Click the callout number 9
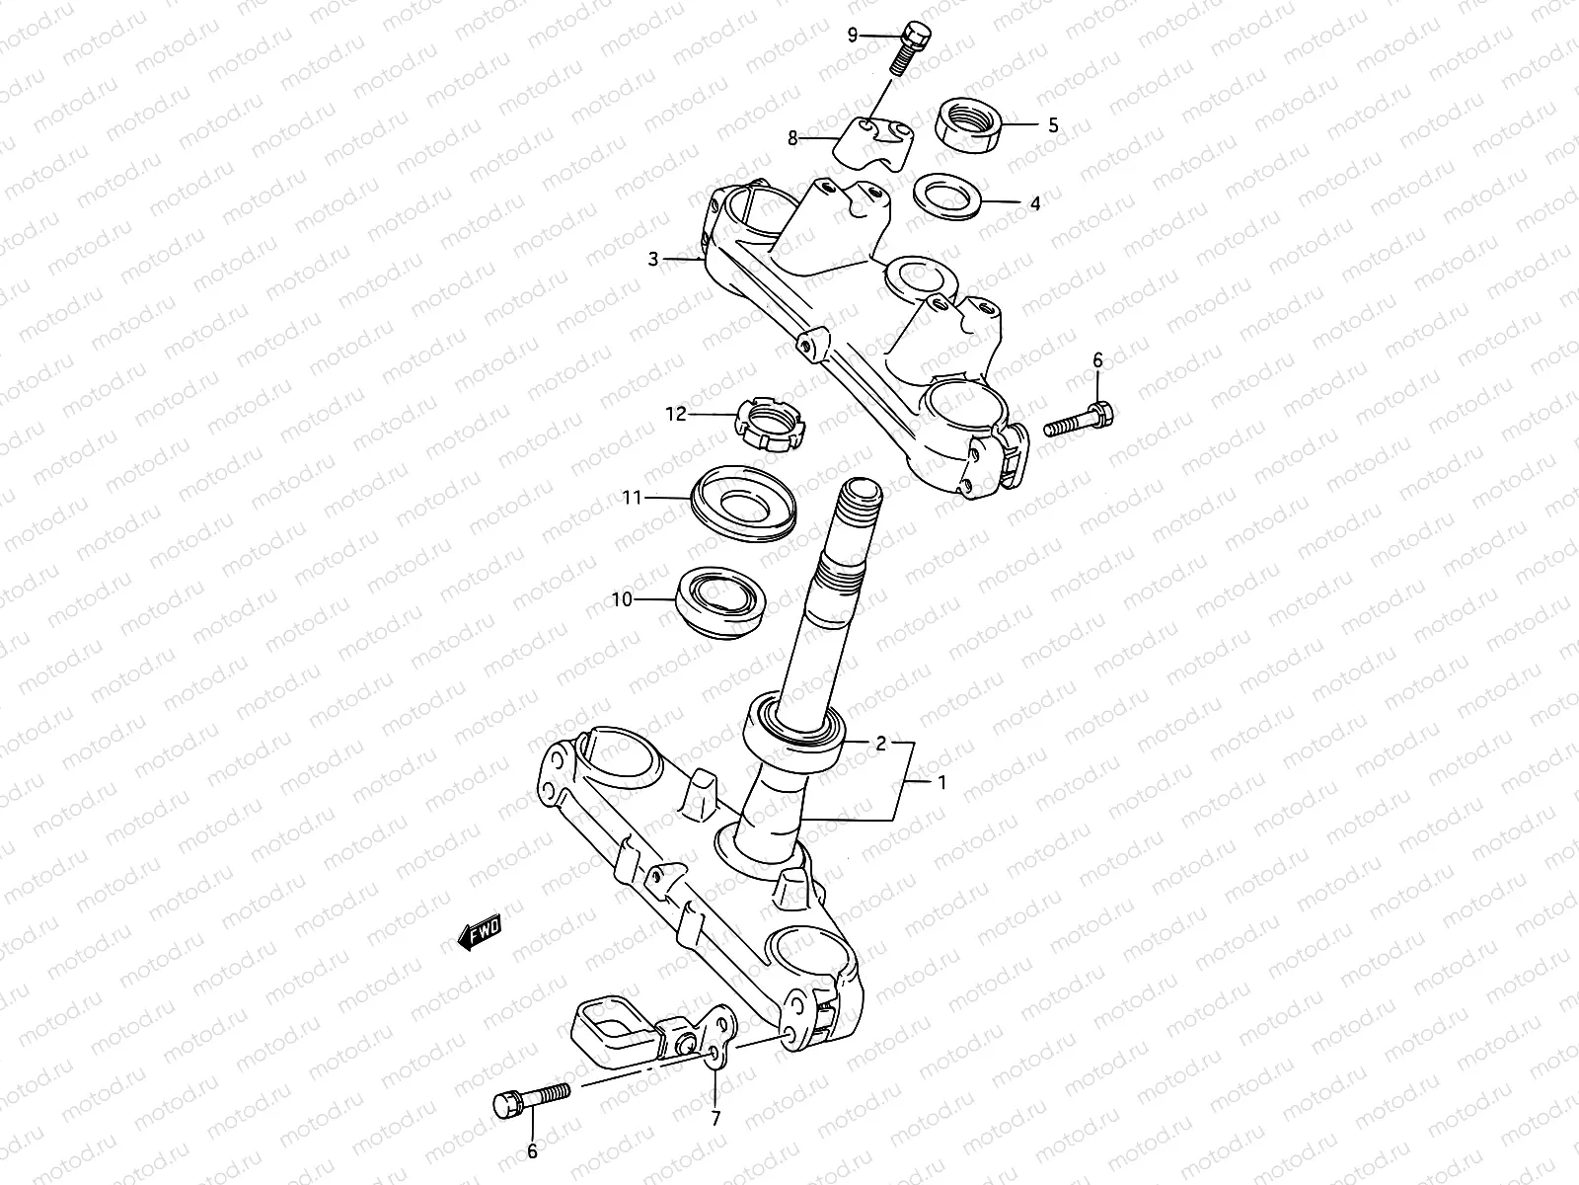(x=854, y=36)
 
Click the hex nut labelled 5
(x=969, y=124)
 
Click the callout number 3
(x=653, y=260)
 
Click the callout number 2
(x=882, y=743)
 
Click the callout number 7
(x=716, y=1119)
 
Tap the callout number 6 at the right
(x=1097, y=362)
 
